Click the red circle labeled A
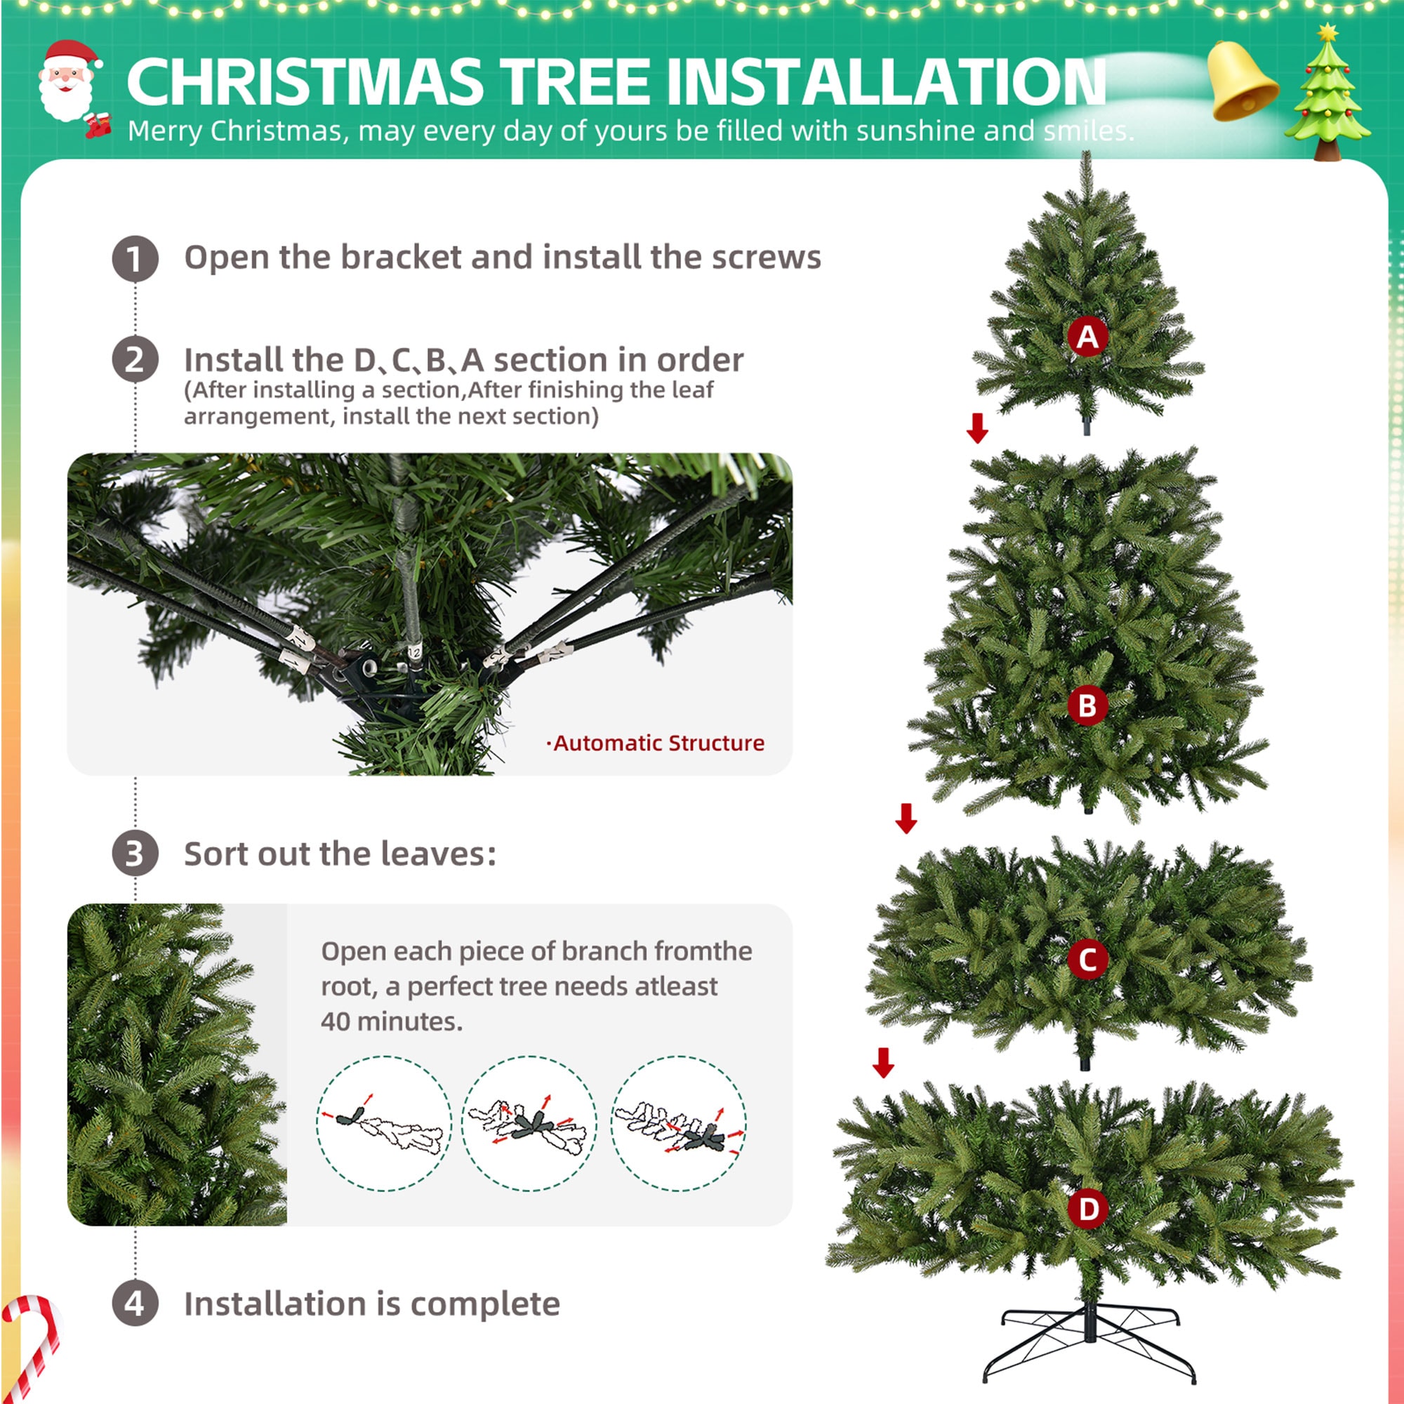pos(1087,336)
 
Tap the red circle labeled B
pos(1087,705)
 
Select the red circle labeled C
pos(1087,959)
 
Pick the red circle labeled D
pos(1088,1209)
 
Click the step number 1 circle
pos(135,258)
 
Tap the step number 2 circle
pos(135,359)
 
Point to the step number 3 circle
pos(135,853)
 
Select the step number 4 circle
pos(135,1303)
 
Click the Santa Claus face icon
pos(69,84)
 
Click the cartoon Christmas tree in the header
pos(1327,95)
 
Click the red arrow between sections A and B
pos(977,428)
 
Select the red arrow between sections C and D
pos(884,1062)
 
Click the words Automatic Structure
pos(658,743)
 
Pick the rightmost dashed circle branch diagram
pos(678,1123)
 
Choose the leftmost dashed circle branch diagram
pos(384,1123)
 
